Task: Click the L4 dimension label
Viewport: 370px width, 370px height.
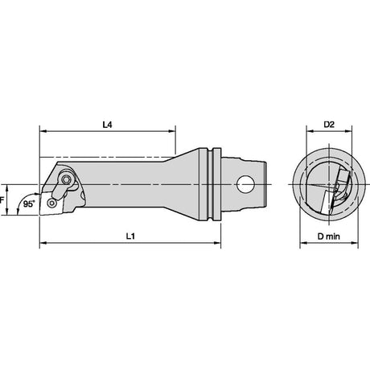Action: (x=107, y=125)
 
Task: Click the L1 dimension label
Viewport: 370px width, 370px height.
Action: (x=130, y=236)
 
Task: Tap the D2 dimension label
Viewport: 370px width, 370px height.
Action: (x=329, y=125)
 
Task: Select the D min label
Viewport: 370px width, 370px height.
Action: (x=329, y=236)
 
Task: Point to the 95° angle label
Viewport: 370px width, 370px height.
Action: (x=29, y=204)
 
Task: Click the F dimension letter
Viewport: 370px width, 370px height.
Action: (x=2, y=199)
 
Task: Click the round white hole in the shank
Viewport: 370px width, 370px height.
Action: (x=245, y=184)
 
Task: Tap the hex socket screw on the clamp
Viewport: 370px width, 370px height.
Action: (x=66, y=179)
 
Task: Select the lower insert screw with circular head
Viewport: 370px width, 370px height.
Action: (x=51, y=203)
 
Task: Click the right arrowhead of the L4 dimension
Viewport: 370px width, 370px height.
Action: (x=172, y=131)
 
